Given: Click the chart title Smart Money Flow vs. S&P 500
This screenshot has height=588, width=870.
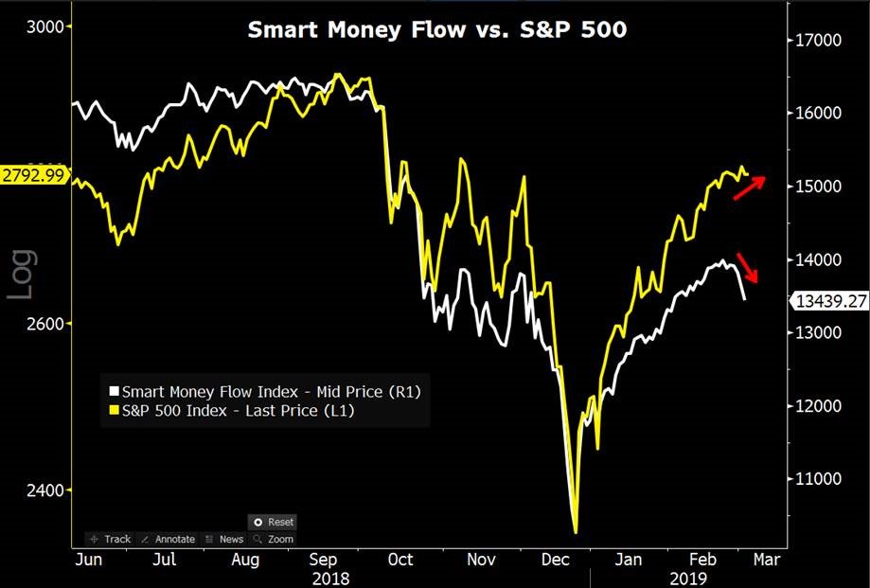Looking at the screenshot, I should click(x=436, y=29).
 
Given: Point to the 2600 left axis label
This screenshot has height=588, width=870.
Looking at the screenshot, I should click(x=44, y=323).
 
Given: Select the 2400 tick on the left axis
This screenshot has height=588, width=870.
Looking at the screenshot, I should click(x=44, y=490).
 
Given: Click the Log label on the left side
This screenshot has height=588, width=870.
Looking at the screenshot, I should click(x=22, y=275).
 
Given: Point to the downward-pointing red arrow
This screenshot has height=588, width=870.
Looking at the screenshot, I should click(x=748, y=268).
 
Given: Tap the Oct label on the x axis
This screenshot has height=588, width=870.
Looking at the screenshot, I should click(x=400, y=560).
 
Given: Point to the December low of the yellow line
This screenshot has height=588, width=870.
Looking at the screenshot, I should click(x=575, y=531).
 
